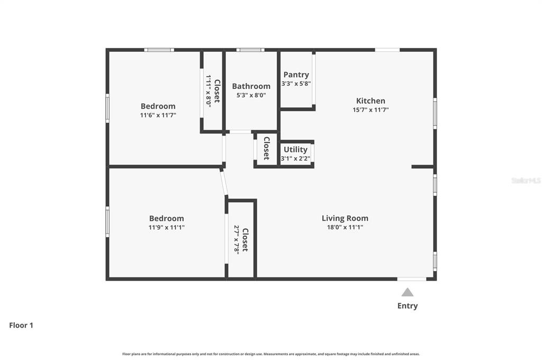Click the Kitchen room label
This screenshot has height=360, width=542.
pos(371,101)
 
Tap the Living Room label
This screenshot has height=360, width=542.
pos(345,218)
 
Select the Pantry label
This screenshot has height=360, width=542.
pos(296,75)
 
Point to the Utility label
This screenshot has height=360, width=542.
pos(295,149)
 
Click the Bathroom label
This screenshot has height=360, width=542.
pos(251,86)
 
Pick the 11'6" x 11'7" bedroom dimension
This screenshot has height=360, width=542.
pos(158,115)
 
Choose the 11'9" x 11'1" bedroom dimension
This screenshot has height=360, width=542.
pos(167,227)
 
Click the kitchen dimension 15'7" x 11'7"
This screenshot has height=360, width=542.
pos(371,110)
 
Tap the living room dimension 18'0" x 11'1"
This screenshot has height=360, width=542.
pos(345,227)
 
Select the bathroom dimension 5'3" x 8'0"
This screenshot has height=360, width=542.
pos(251,95)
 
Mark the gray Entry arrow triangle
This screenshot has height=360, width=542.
pos(408,293)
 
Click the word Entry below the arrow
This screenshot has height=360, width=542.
pos(408,305)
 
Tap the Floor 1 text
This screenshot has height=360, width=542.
pos(21,325)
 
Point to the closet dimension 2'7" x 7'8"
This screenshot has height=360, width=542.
pos(237,240)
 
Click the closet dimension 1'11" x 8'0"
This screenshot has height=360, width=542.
pos(209,91)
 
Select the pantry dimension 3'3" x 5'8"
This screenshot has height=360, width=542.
pos(296,84)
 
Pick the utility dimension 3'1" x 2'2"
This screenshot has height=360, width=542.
pos(295,159)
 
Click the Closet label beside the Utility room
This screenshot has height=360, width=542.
pos(267,148)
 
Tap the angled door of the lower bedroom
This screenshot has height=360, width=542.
pos(224,183)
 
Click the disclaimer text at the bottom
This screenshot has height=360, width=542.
pos(271,354)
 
